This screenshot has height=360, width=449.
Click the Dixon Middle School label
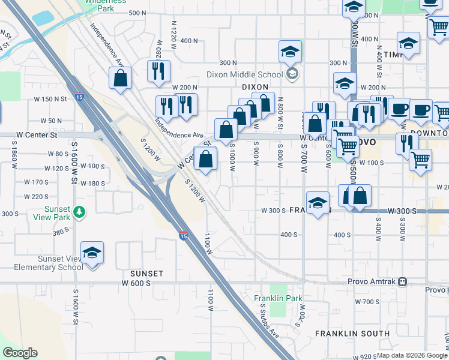[x=244, y=74]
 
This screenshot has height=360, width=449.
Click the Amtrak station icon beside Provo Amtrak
[x=403, y=281]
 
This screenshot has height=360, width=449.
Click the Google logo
[x=20, y=353]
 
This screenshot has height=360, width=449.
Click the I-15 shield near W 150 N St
[x=80, y=97]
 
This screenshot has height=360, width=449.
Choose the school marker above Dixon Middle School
[x=290, y=52]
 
